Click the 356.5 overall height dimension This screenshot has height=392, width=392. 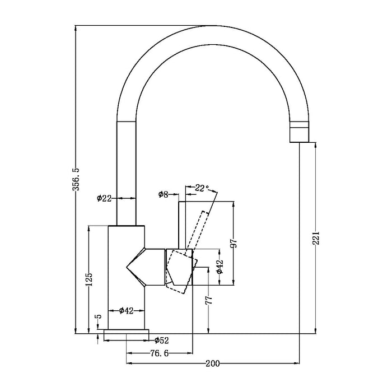[79, 179]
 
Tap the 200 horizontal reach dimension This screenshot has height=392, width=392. [212, 363]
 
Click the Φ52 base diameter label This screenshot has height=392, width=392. [161, 339]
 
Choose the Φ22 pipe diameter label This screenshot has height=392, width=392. [105, 198]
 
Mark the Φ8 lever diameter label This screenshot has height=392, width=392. [163, 194]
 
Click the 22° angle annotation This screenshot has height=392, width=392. [202, 188]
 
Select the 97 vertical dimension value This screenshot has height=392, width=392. [235, 243]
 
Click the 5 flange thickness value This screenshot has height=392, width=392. [99, 318]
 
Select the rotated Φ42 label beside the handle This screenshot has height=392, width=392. [220, 267]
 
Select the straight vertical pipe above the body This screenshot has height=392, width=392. [126, 174]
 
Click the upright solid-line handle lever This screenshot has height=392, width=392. [185, 224]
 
